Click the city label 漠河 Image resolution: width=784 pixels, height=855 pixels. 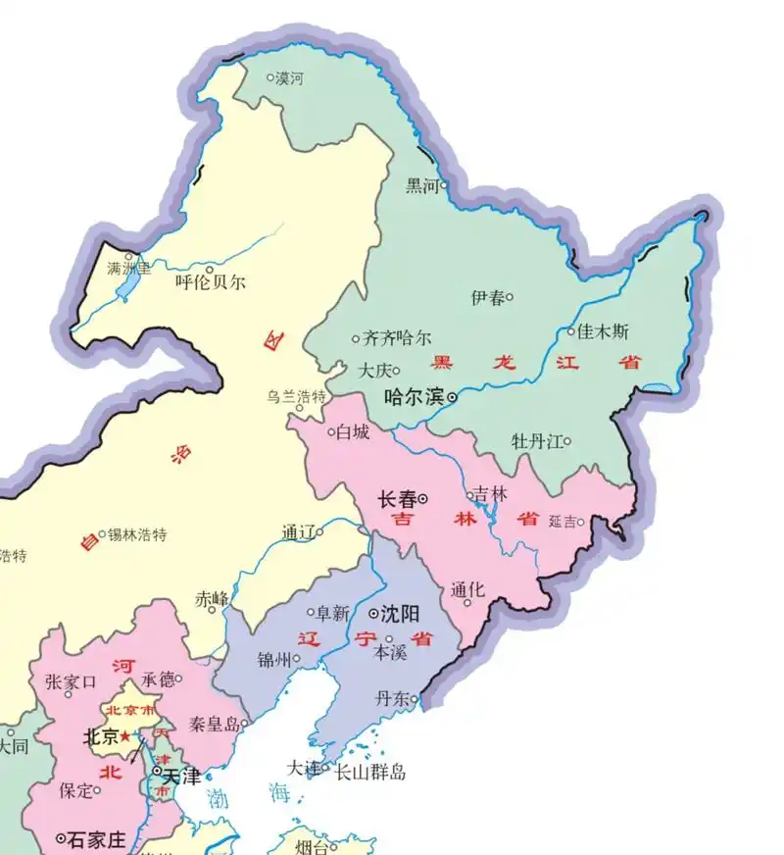pos(290,77)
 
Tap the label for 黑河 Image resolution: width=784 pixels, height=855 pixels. pos(422,185)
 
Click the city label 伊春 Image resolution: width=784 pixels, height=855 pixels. pos(487,297)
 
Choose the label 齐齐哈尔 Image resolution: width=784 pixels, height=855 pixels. pos(396,339)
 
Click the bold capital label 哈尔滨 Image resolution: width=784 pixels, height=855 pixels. pos(413,397)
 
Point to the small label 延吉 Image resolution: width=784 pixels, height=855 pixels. pos(563,521)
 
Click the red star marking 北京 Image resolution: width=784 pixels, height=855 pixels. pos(124,735)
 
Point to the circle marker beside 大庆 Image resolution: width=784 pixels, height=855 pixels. pos(397,371)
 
